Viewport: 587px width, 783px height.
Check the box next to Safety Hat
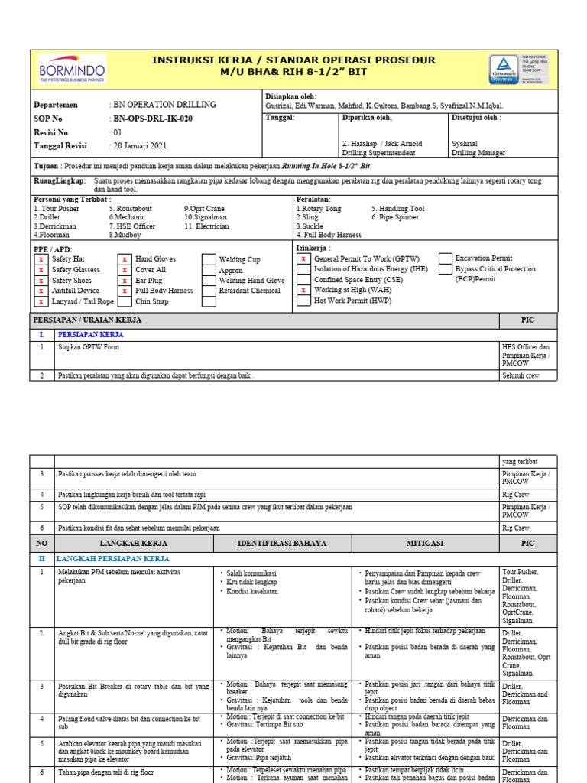tap(41, 259)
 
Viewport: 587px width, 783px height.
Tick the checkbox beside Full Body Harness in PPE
tap(125, 291)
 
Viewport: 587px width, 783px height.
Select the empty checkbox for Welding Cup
tap(208, 259)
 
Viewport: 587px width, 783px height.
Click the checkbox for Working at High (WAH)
tap(303, 291)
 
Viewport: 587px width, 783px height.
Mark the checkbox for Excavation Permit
tap(445, 258)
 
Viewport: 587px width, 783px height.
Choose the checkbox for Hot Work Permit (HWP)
tap(303, 301)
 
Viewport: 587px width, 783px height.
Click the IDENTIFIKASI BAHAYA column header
tap(282, 543)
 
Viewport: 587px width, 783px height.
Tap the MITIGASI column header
tap(426, 543)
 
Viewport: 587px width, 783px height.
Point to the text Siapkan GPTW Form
tap(89, 347)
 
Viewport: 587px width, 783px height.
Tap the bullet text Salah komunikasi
tap(251, 573)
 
